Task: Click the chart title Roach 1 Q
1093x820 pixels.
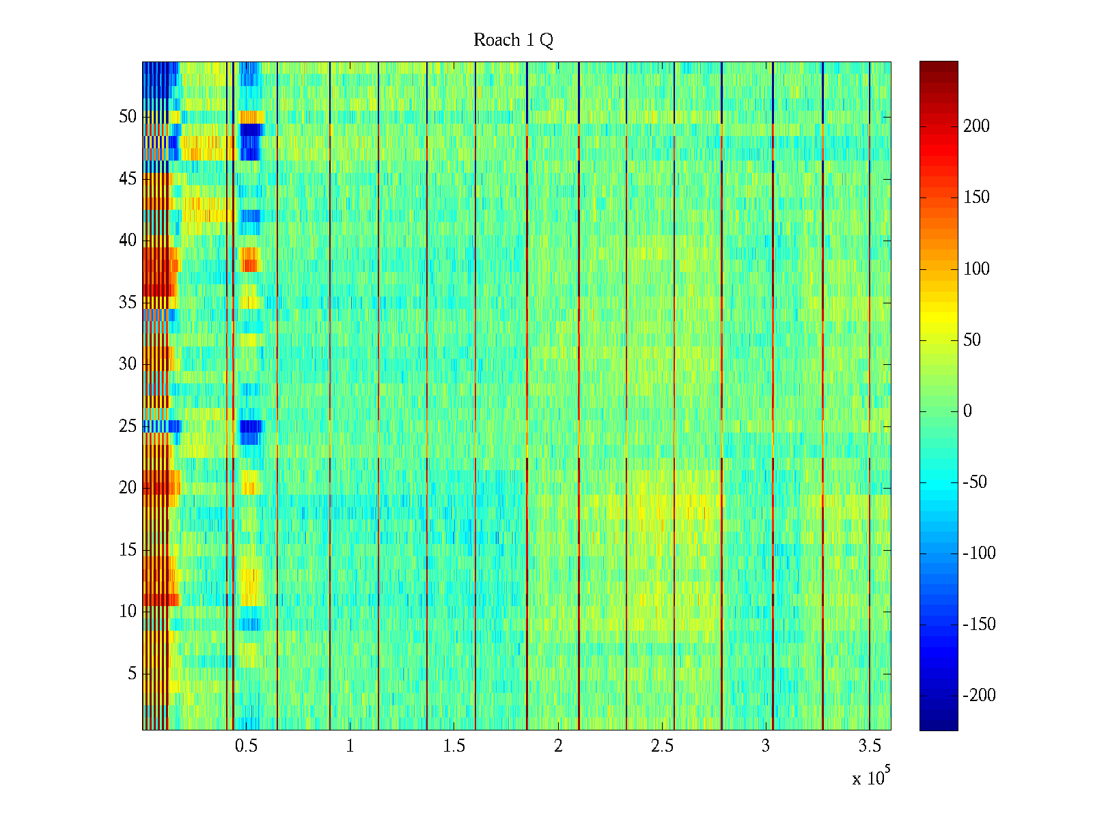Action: click(x=513, y=40)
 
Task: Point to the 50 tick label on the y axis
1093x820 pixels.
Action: click(x=128, y=117)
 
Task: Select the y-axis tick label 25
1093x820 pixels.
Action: click(x=128, y=426)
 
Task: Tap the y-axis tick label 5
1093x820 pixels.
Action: click(x=132, y=674)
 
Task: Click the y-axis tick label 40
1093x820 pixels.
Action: click(x=128, y=241)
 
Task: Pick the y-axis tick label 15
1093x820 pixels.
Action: click(x=128, y=550)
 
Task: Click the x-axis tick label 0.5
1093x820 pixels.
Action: click(x=246, y=746)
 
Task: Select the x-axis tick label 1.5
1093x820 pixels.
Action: click(x=454, y=746)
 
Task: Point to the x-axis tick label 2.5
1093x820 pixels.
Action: click(x=662, y=746)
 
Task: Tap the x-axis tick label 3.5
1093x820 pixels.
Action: click(x=870, y=746)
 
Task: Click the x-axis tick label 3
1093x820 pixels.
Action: click(x=766, y=746)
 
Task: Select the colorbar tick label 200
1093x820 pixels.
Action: click(x=976, y=126)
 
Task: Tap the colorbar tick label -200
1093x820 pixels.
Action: click(x=979, y=696)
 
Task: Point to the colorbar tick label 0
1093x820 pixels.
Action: click(x=967, y=411)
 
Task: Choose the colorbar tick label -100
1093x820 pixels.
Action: click(x=979, y=553)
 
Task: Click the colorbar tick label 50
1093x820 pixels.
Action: click(x=972, y=340)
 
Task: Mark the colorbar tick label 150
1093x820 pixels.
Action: click(x=976, y=197)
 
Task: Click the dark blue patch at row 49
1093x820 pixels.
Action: click(x=251, y=129)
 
